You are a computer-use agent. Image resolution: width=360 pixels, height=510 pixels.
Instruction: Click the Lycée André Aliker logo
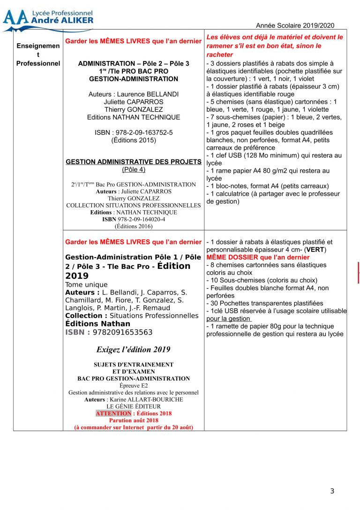47,19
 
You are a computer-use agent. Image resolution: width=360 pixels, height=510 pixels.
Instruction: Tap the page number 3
332,491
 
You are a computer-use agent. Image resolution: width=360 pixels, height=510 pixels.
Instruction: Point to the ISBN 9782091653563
123,332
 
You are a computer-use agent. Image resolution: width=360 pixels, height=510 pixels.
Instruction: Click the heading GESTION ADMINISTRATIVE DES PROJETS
134,161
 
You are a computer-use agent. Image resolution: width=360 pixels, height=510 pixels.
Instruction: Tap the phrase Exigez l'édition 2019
134,350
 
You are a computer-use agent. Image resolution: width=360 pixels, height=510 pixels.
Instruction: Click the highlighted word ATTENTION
113,413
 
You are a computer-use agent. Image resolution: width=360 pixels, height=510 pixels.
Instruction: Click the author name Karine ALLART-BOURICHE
145,399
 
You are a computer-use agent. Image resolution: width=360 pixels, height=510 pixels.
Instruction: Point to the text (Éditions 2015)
134,140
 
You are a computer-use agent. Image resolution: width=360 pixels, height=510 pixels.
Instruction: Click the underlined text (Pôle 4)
134,169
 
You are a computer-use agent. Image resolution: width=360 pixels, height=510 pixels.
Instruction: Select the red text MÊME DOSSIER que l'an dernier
258,257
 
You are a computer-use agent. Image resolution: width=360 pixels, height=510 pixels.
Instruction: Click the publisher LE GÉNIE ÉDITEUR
134,406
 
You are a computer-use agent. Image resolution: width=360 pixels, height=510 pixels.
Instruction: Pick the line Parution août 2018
134,420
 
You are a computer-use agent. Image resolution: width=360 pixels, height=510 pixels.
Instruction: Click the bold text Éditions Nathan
98,324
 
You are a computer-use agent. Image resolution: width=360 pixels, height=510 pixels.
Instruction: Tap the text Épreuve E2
134,385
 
